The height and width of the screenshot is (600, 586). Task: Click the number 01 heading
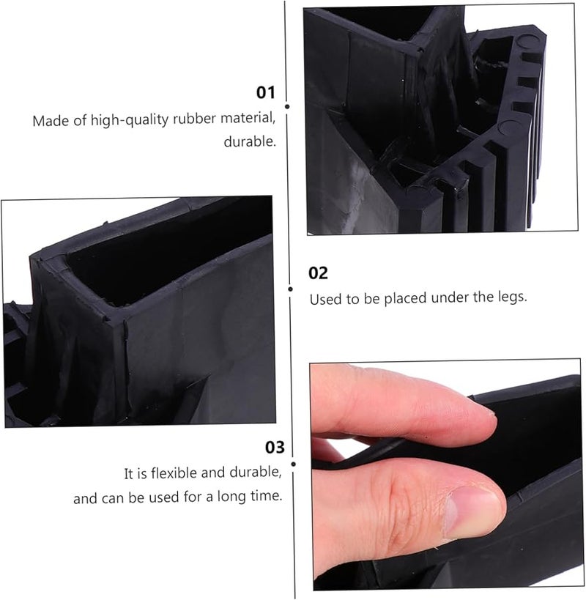coord(264,93)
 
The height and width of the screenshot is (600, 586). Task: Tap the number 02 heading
coord(318,273)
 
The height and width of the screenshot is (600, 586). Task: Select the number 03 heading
coord(275,447)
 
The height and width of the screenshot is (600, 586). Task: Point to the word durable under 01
coord(249,141)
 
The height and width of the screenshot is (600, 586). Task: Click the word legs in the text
coord(510,298)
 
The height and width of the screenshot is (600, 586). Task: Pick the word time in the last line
coord(267,497)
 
